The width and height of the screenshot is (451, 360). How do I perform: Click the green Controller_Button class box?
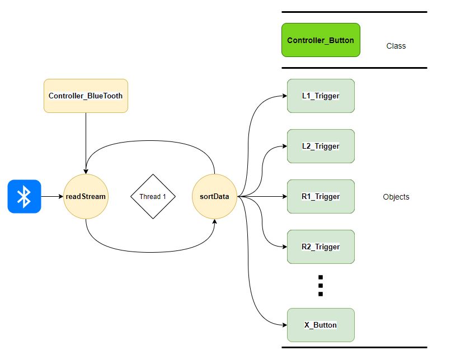(321, 40)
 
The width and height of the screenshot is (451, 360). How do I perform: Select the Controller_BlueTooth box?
(86, 96)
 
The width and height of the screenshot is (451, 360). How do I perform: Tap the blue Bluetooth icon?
(24, 196)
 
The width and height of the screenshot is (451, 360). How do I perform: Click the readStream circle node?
(86, 196)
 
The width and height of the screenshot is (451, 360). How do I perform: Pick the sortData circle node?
(214, 196)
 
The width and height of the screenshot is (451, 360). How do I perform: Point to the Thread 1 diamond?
(153, 196)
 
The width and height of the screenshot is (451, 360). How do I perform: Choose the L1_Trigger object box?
(321, 96)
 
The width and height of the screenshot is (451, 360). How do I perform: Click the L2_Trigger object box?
(321, 146)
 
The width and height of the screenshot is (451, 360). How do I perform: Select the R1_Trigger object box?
(321, 196)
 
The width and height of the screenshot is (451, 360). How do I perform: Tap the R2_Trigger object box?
(321, 247)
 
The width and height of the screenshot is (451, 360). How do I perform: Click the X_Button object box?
(321, 325)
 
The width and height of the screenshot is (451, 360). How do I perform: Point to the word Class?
(396, 46)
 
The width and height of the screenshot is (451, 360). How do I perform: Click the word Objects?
(396, 197)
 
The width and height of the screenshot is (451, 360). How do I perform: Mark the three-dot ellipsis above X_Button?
(321, 286)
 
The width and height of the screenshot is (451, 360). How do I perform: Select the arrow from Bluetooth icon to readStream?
(51, 196)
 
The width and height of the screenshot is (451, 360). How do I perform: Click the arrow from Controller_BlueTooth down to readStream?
(86, 143)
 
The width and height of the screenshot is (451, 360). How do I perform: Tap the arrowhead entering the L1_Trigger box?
(284, 96)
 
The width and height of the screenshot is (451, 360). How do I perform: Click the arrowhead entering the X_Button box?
(284, 325)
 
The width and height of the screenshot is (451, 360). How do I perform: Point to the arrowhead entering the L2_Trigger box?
(284, 146)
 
